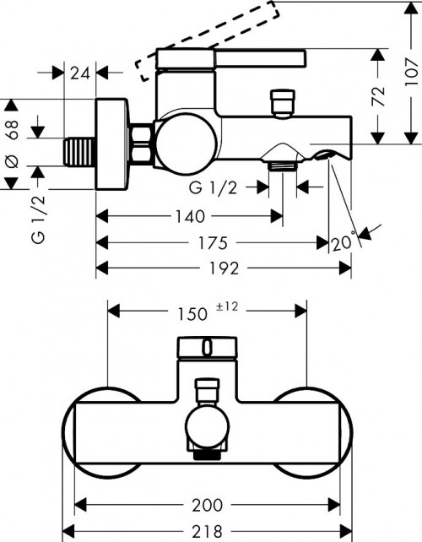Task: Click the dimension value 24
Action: click(80, 73)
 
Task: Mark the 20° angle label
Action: click(343, 242)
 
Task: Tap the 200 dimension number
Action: click(207, 506)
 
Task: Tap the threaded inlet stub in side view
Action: click(79, 152)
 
